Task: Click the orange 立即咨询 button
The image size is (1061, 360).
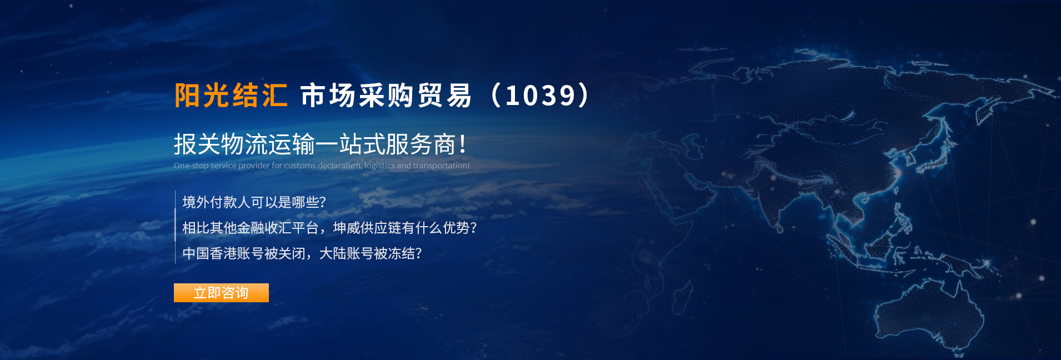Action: tap(221, 293)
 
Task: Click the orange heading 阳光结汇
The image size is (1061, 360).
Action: tap(231, 96)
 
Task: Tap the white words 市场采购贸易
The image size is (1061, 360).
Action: tap(386, 96)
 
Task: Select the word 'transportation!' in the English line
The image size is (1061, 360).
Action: tap(441, 166)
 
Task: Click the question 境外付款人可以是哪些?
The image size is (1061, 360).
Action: tap(254, 202)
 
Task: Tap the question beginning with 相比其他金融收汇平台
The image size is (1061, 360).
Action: tap(329, 228)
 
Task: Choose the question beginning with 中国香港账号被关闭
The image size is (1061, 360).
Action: tap(302, 253)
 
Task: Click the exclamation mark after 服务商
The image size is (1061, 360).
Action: tap(463, 144)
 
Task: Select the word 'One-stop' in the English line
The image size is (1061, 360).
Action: tap(191, 166)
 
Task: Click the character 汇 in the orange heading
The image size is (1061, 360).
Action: tap(275, 96)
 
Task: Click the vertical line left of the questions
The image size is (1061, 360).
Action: tap(175, 227)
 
